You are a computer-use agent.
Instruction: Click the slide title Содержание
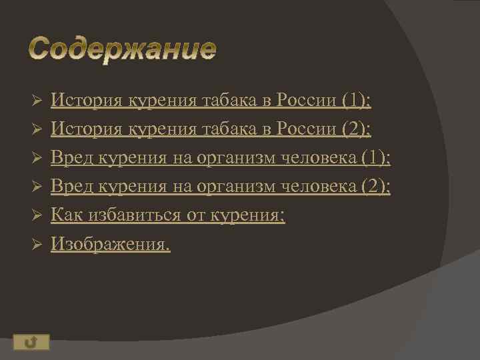point(123,49)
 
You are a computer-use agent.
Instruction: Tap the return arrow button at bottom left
point(29,343)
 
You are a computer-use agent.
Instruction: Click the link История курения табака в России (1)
point(211,101)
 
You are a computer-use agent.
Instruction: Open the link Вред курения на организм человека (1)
point(221,158)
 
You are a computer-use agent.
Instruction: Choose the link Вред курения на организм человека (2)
point(221,187)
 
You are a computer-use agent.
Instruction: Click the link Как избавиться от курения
point(168,215)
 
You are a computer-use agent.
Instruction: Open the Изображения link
point(111,245)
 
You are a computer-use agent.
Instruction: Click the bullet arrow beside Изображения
point(38,245)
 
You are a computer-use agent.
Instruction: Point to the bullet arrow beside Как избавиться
point(38,216)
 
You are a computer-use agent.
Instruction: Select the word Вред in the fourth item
point(73,187)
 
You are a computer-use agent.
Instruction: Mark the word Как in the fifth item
point(65,215)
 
